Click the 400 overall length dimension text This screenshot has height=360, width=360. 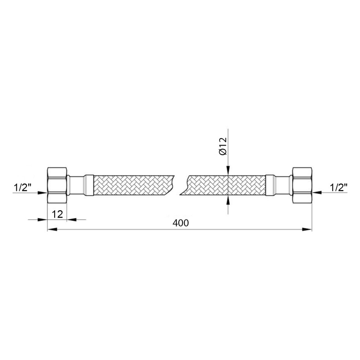[x=181, y=223]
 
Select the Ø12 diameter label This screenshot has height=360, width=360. [x=223, y=146]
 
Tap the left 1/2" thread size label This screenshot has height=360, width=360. [x=22, y=188]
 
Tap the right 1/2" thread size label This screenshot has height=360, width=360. [x=338, y=188]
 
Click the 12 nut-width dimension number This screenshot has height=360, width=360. [x=57, y=214]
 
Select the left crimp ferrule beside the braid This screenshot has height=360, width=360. [x=89, y=185]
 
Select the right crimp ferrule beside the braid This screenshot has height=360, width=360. [x=271, y=185]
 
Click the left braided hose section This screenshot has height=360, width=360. [x=134, y=185]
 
